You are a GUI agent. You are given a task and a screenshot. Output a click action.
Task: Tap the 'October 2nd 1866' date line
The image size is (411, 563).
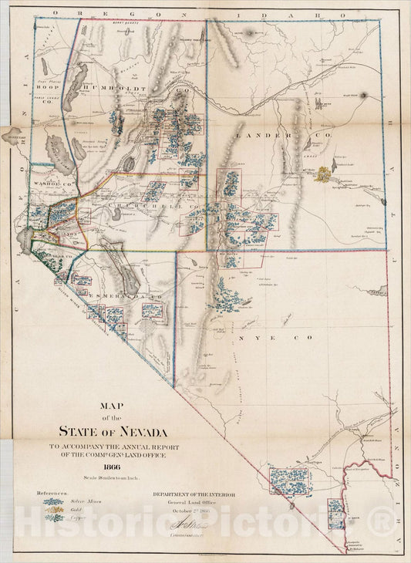point(190,510)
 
